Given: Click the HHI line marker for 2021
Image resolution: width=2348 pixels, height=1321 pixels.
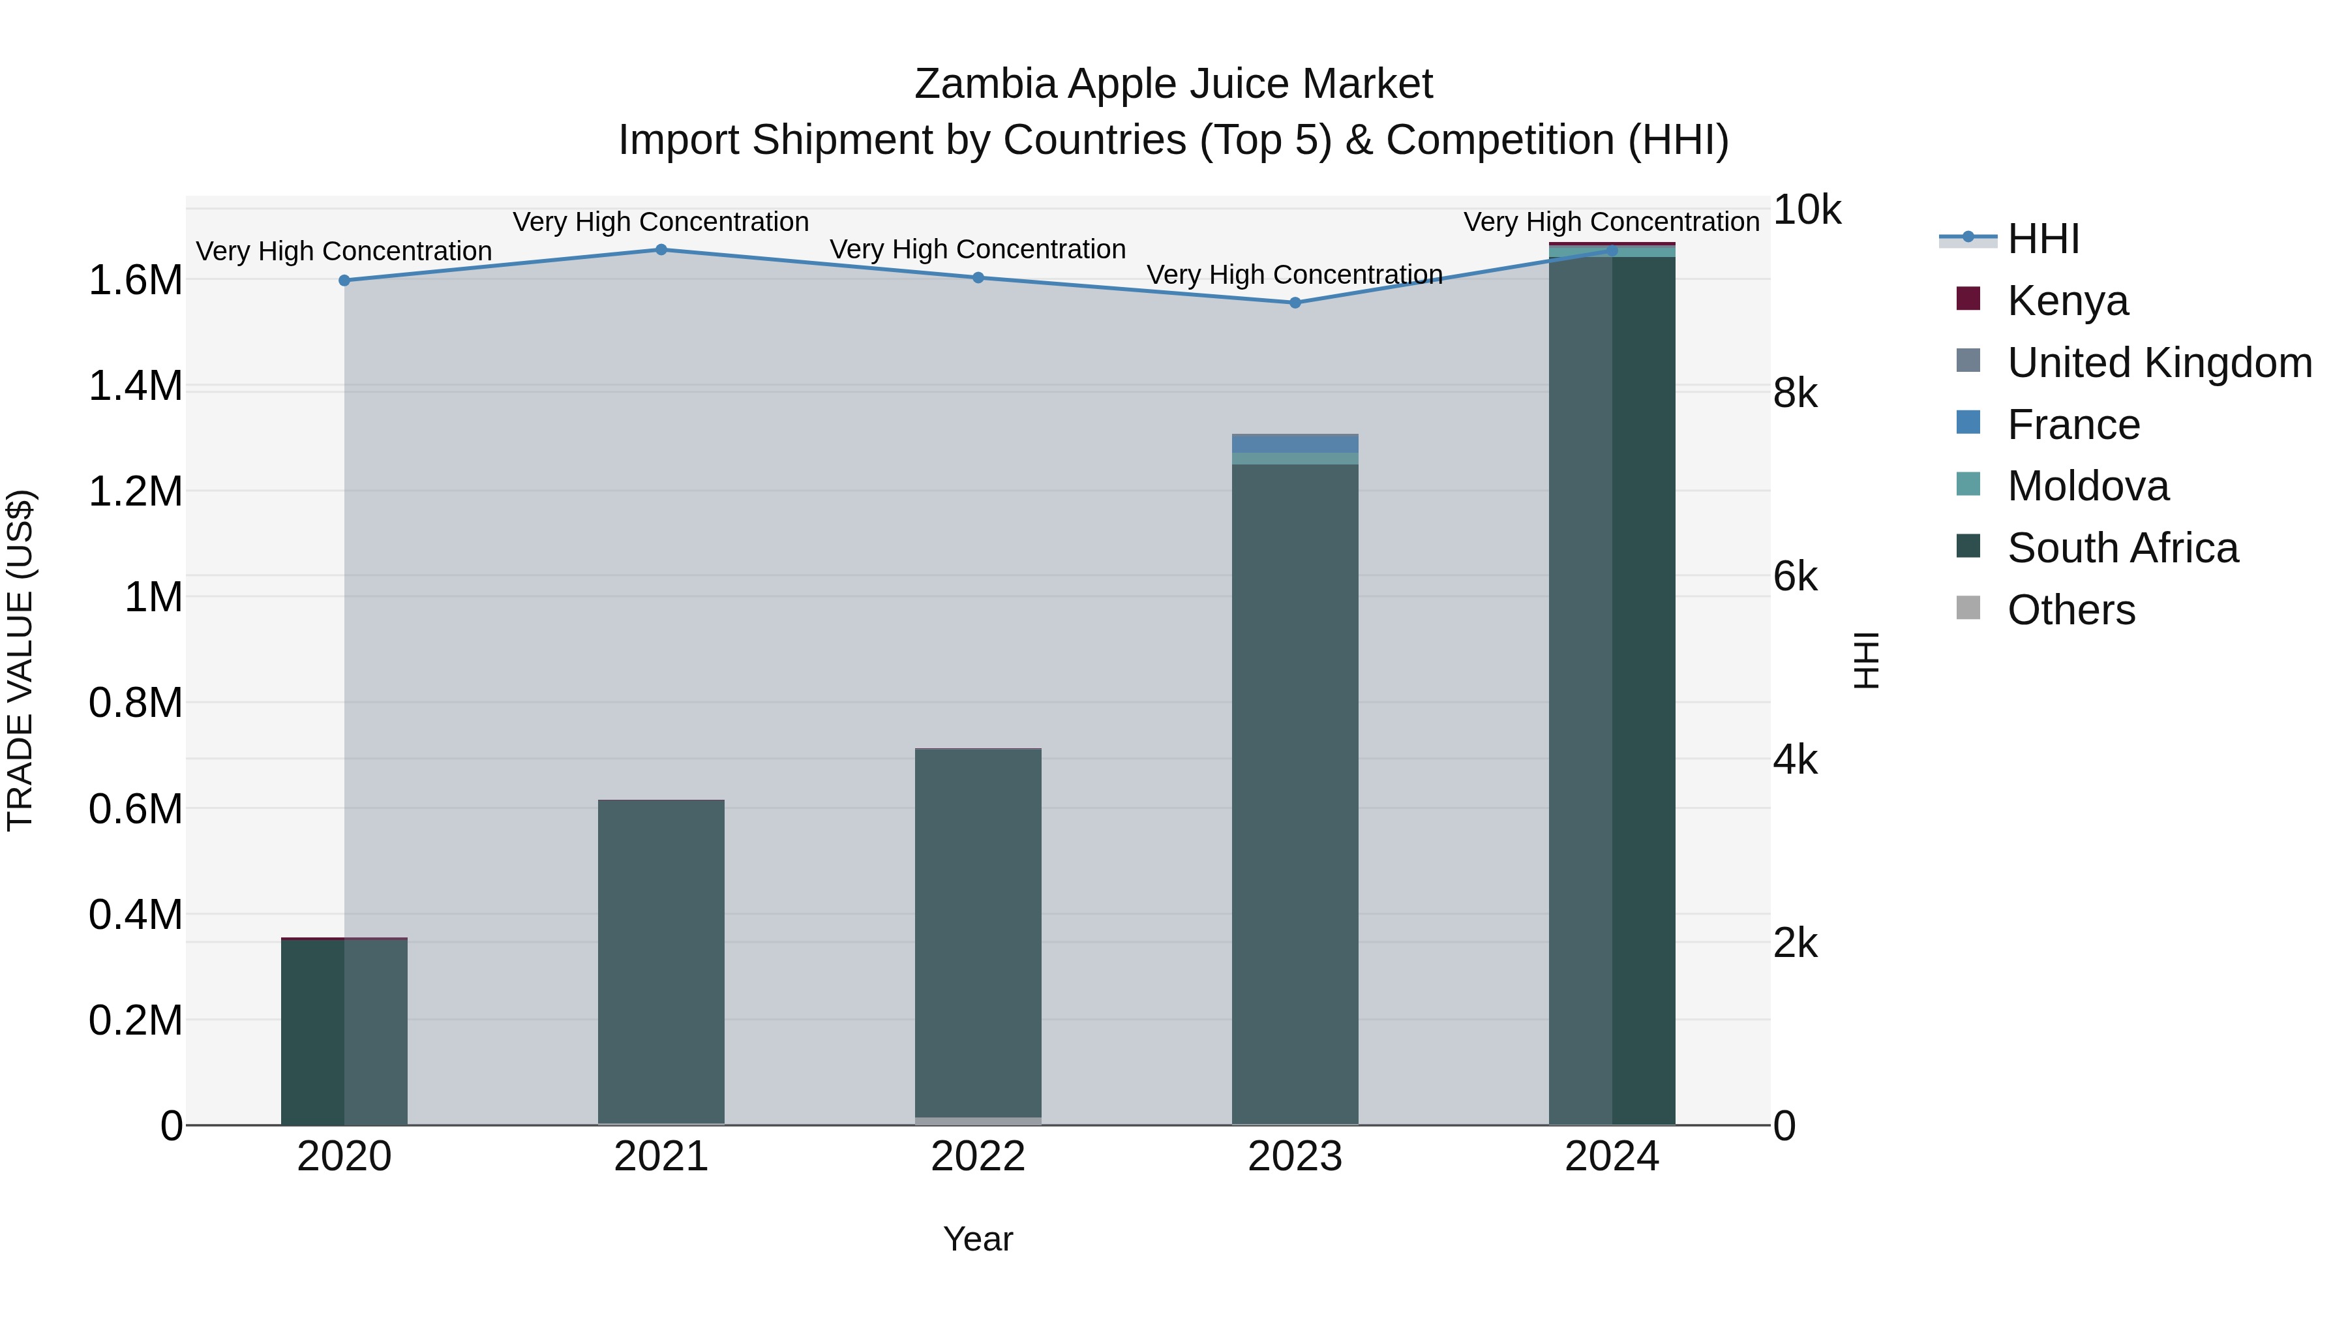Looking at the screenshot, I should [661, 250].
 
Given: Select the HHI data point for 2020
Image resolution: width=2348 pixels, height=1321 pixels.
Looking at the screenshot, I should [344, 281].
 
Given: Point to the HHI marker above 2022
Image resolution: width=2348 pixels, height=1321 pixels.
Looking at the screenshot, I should [978, 277].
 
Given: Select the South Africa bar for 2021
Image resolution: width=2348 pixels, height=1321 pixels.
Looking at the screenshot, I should [661, 961].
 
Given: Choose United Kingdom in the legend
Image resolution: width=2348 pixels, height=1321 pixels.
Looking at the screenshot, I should [2158, 363].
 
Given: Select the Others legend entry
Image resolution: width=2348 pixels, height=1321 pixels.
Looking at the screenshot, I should [2070, 610].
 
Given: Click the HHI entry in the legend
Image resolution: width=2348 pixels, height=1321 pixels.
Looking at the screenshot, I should [2043, 239].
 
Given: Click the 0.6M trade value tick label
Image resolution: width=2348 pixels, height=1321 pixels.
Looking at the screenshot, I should [135, 810].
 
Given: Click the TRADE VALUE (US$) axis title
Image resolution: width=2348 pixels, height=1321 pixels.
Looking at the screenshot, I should [21, 660].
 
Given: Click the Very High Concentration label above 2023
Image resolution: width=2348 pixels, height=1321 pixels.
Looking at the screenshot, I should [1294, 275].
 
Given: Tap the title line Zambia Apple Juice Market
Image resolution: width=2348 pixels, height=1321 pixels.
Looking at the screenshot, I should [1173, 84].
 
